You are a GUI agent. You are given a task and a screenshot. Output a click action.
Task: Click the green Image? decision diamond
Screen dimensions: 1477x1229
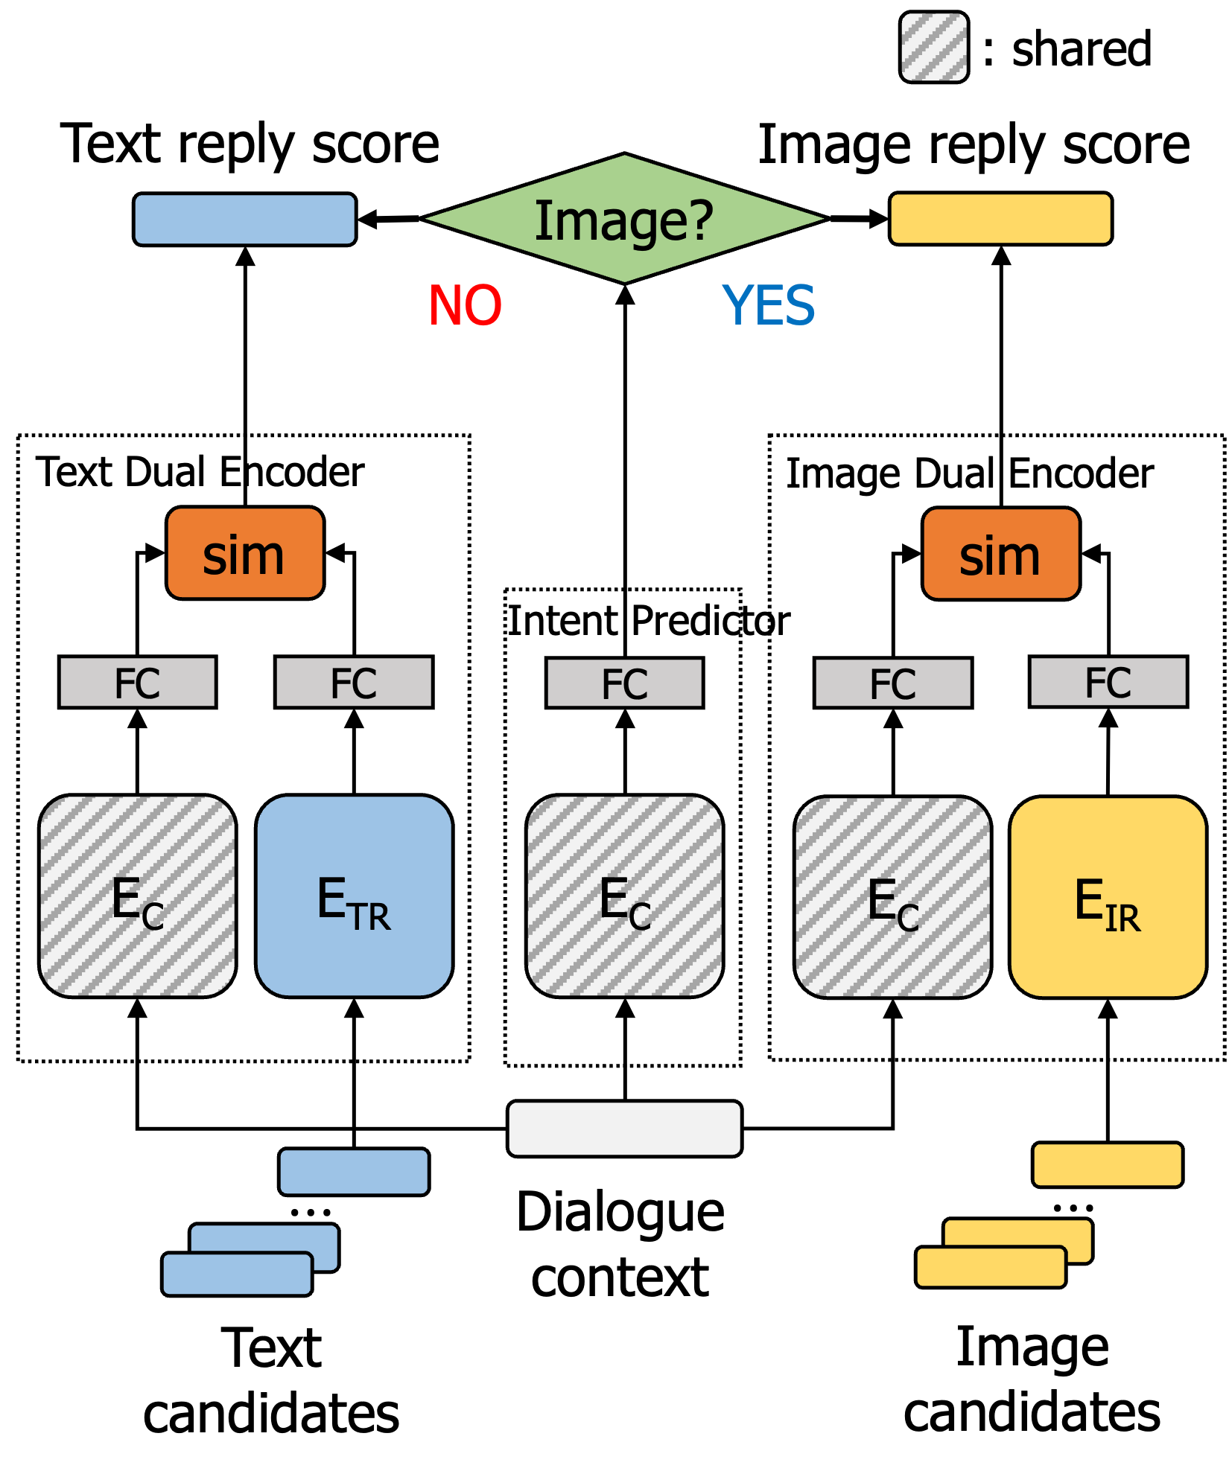624,219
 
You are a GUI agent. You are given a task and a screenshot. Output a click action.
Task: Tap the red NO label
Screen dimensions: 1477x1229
466,305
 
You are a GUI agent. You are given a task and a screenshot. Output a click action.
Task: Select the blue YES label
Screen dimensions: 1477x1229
769,305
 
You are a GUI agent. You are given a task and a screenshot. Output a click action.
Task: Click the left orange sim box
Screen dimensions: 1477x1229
245,553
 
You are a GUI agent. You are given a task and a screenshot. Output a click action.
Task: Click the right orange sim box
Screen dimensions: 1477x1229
1000,554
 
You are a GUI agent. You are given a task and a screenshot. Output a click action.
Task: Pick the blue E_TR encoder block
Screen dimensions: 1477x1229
354,896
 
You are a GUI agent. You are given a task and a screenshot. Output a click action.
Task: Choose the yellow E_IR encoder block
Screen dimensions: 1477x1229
1108,897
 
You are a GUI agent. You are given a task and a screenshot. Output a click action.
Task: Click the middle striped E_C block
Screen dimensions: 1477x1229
624,896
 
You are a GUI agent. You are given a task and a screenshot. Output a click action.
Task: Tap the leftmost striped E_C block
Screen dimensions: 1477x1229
138,896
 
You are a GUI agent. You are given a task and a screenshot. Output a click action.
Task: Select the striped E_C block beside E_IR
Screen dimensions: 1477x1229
892,897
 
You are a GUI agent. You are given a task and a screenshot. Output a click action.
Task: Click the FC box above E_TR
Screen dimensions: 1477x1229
354,682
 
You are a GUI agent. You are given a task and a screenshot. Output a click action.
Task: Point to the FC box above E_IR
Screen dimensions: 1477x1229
1108,681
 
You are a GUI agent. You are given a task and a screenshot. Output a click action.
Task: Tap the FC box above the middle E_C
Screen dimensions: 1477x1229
624,683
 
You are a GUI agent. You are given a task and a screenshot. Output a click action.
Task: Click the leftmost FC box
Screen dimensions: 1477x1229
138,682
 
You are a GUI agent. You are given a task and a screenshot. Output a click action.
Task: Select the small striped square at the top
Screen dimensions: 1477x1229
934,47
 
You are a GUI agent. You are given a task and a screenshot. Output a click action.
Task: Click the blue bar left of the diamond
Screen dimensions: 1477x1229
244,220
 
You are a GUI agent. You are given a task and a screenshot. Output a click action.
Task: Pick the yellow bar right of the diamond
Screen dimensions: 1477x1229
1000,219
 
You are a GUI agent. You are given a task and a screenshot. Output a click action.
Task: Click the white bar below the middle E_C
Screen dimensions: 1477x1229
624,1129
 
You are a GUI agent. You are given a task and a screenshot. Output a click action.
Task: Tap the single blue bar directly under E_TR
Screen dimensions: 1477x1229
354,1172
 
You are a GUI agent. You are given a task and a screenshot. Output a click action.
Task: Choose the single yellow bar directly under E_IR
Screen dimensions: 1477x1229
1108,1164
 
